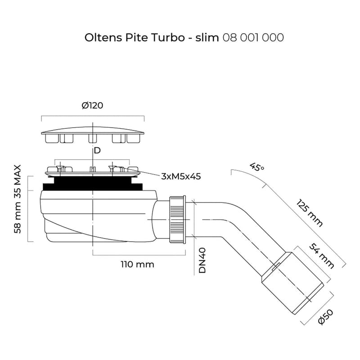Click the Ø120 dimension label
pos(93,106)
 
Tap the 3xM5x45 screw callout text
pos(180,176)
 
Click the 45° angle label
pos(257,167)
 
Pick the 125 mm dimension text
pos(310,211)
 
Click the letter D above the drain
pos(97,150)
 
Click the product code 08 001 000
pos(253,38)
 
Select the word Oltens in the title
pos(101,38)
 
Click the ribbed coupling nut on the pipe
pos(178,219)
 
